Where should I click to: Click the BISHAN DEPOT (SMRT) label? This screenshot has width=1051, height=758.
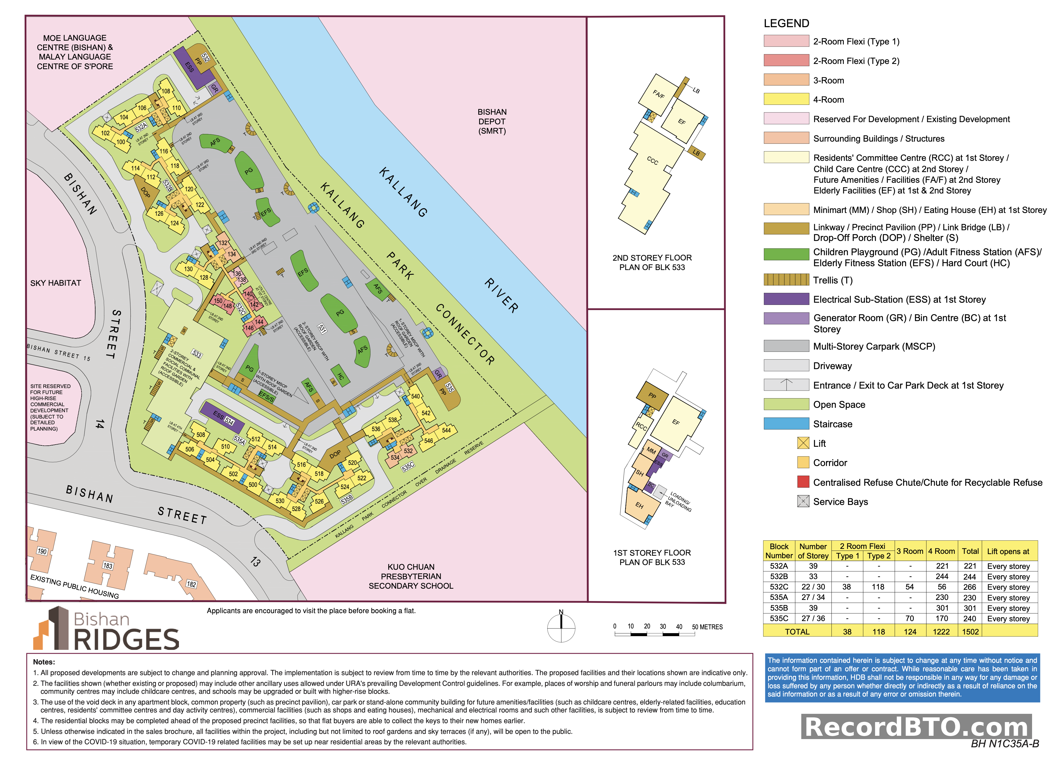492,121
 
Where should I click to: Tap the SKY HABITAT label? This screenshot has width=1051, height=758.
56,283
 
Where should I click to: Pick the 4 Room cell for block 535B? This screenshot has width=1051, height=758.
941,608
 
